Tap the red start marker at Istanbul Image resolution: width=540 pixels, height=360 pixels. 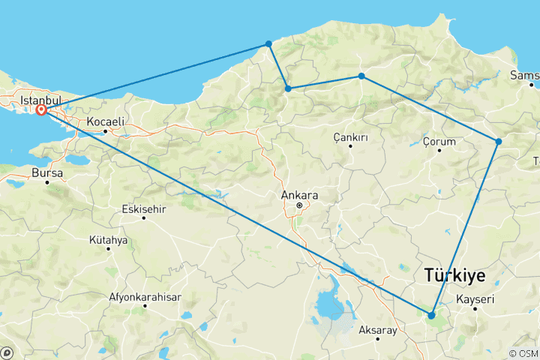(x=42, y=110)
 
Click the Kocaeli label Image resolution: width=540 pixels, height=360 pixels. (x=105, y=121)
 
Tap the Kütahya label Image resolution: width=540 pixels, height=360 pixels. (x=109, y=240)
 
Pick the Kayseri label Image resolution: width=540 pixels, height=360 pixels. (x=475, y=300)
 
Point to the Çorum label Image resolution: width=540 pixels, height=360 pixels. (x=439, y=141)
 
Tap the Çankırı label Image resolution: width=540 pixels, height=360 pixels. (x=350, y=137)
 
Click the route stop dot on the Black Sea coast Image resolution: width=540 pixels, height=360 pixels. (x=268, y=43)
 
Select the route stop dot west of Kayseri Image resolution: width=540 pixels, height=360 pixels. (x=431, y=315)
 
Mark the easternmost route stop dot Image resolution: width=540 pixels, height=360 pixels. (x=498, y=141)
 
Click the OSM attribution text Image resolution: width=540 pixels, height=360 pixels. (x=524, y=353)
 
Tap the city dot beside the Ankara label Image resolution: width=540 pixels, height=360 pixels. (x=299, y=205)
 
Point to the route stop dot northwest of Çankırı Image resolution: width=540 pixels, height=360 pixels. (x=288, y=88)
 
